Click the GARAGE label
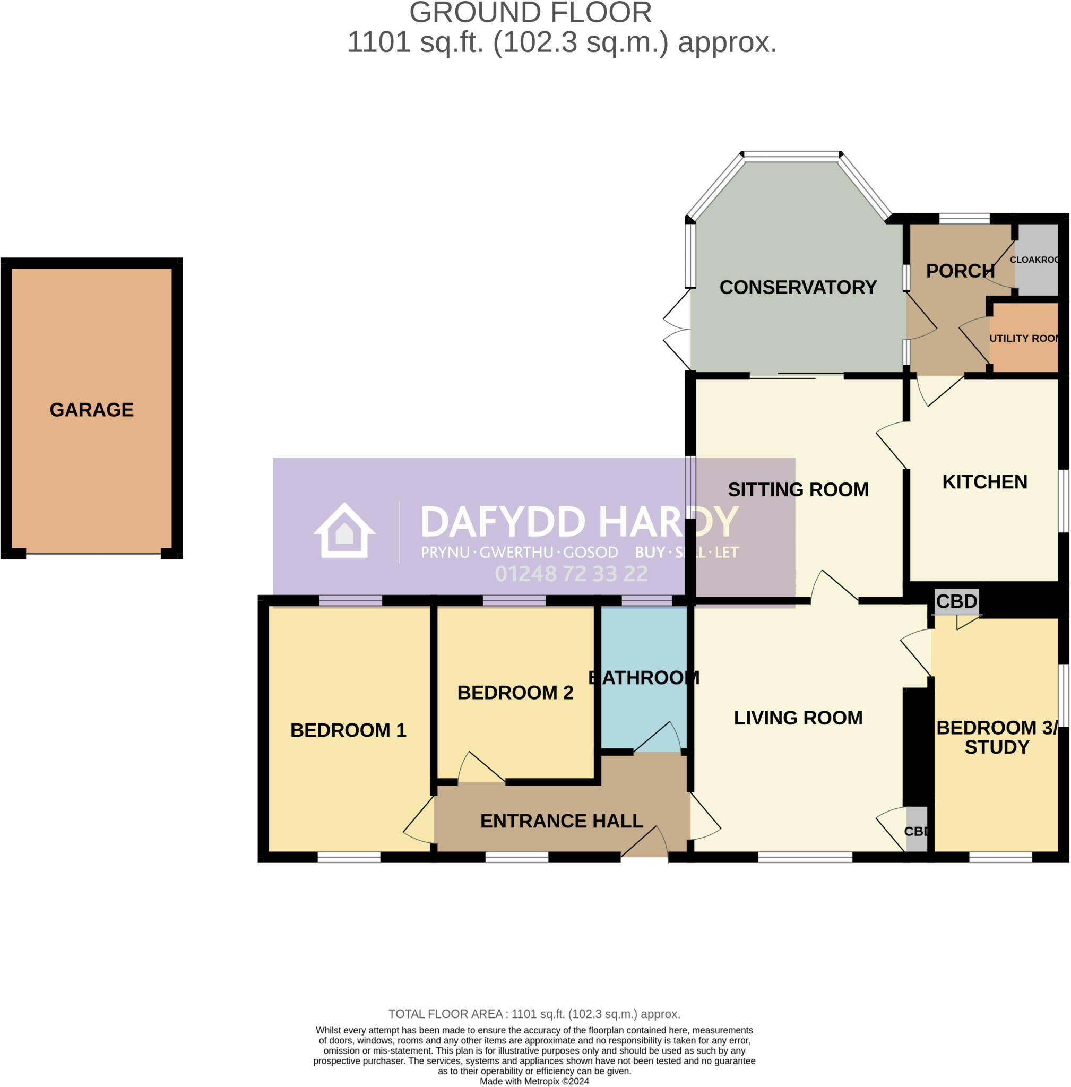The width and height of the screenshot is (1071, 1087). pos(92,410)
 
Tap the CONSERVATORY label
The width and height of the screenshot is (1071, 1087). pos(798,288)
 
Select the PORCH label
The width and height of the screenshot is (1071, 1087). pos(960,271)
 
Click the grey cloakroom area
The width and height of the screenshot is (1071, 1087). pos(1037,275)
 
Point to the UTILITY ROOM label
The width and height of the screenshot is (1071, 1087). pos(1024,338)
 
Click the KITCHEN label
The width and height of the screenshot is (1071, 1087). pos(984,482)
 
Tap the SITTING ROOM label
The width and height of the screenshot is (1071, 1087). pos(798,489)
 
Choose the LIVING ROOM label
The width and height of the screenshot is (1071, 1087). pos(798,718)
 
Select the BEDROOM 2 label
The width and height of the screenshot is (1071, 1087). pos(515,693)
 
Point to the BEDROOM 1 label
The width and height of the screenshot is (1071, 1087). pos(348,730)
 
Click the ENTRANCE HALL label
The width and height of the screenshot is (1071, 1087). pos(562,821)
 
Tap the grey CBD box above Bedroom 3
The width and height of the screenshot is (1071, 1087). pos(957,601)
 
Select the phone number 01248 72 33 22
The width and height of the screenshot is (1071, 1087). pos(571,574)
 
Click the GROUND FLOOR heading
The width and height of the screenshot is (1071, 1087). pos(530,12)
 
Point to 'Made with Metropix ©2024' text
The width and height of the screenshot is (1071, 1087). pos(534,1081)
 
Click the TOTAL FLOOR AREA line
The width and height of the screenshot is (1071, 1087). pos(534,1014)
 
